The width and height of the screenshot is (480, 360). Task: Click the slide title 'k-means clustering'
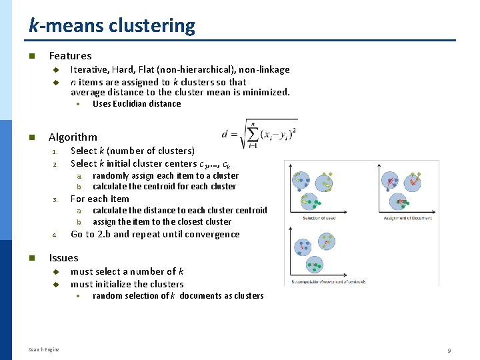[x=112, y=26]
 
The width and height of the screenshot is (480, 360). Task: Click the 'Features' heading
[x=70, y=56]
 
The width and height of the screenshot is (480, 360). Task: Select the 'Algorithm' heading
[x=73, y=137]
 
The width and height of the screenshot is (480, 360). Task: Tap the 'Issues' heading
[x=63, y=258]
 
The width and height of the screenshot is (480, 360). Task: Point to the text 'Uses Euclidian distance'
[x=137, y=104]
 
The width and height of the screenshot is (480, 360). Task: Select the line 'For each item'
[x=100, y=199]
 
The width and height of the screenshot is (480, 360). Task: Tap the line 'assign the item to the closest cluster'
[x=162, y=222]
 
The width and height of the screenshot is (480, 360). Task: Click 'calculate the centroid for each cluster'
[x=164, y=187]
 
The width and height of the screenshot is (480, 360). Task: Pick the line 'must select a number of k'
[x=127, y=271]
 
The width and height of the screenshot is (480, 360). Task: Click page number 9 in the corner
[x=449, y=350]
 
